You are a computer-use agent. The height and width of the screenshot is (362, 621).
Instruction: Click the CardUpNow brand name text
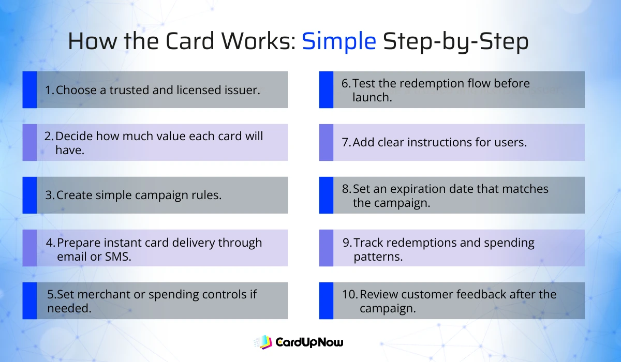pyautogui.click(x=309, y=342)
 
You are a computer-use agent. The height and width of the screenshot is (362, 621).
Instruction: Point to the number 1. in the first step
pyautogui.click(x=50, y=90)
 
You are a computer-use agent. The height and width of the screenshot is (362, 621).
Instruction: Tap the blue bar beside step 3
pyautogui.click(x=29, y=195)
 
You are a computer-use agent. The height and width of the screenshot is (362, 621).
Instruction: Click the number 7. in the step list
pyautogui.click(x=347, y=142)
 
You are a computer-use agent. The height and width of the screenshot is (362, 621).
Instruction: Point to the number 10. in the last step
pyautogui.click(x=350, y=294)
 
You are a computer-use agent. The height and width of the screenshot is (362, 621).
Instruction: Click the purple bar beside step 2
pyautogui.click(x=29, y=142)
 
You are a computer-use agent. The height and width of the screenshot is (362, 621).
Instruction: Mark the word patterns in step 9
pyautogui.click(x=378, y=256)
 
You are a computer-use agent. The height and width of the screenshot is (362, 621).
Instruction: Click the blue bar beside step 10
pyautogui.click(x=326, y=300)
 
